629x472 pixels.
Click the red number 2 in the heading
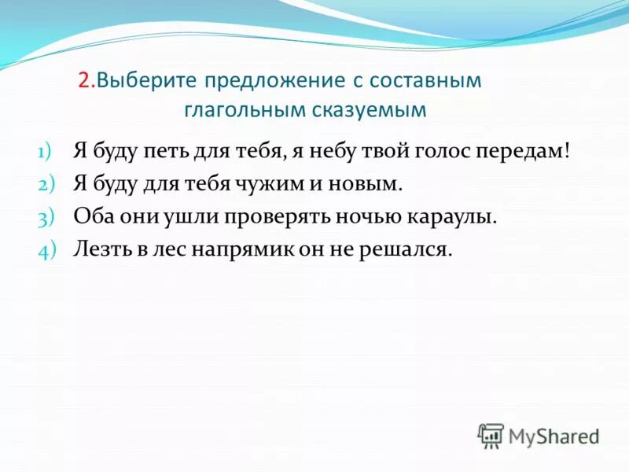(x=84, y=81)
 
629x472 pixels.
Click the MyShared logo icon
(x=490, y=435)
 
